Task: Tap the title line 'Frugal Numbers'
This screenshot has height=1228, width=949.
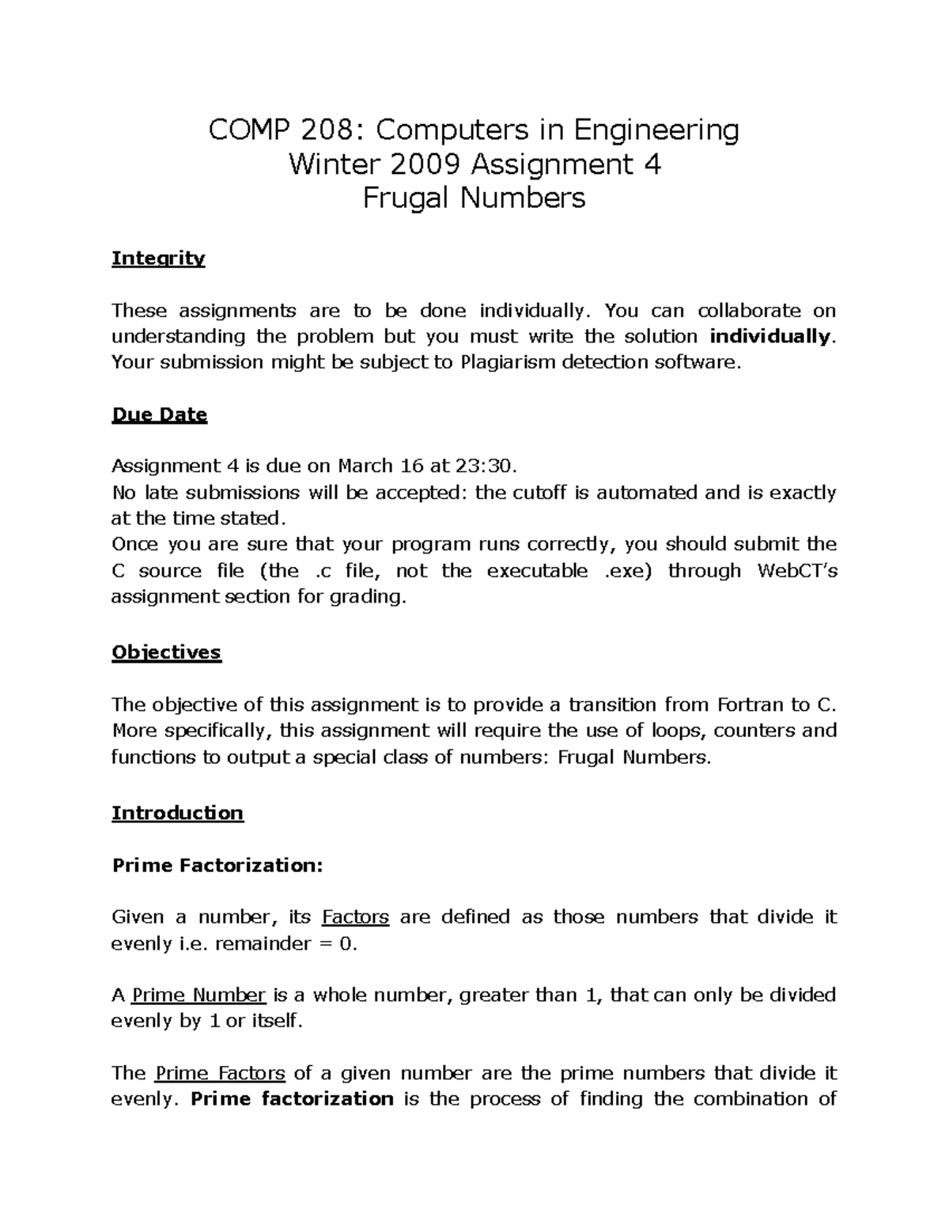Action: (x=474, y=198)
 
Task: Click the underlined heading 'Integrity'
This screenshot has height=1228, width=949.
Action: (x=158, y=259)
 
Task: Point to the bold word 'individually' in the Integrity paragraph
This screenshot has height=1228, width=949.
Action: (x=770, y=337)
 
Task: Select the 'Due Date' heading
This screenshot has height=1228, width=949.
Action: (x=159, y=415)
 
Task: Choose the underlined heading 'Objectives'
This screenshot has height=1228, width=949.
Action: (x=166, y=653)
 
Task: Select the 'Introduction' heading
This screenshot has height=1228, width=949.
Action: (x=177, y=814)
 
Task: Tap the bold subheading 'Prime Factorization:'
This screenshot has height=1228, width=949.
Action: (x=217, y=866)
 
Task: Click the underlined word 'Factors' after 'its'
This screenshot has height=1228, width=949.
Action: (x=356, y=917)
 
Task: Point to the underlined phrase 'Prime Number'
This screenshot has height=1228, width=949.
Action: (x=198, y=995)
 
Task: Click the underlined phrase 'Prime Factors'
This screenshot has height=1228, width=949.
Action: (x=220, y=1073)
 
